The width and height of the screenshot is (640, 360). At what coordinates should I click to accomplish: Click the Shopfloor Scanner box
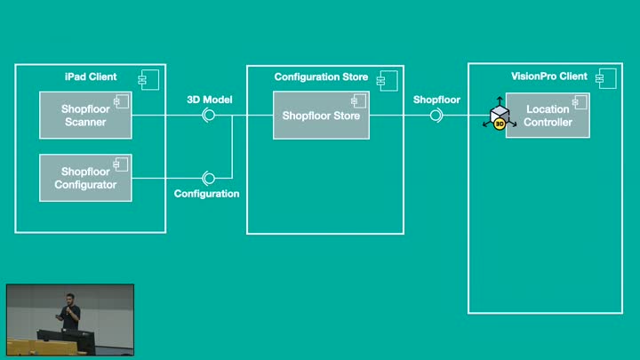pyautogui.click(x=85, y=116)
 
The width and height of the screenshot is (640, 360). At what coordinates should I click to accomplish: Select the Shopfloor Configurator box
pyautogui.click(x=85, y=178)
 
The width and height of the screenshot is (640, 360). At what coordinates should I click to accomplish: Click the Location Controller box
pyautogui.click(x=548, y=116)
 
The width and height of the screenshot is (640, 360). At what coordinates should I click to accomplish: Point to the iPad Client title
pyautogui.click(x=91, y=77)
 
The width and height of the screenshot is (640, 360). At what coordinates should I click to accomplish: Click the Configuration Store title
pyautogui.click(x=320, y=77)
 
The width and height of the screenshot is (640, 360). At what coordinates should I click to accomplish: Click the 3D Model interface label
pyautogui.click(x=210, y=100)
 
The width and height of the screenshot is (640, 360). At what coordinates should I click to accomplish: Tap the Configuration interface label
pyautogui.click(x=207, y=193)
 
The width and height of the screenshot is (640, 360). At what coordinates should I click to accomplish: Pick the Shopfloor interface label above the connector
pyautogui.click(x=436, y=100)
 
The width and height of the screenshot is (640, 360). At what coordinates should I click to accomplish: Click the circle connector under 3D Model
pyautogui.click(x=209, y=116)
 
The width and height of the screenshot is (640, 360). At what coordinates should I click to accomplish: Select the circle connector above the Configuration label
pyautogui.click(x=209, y=178)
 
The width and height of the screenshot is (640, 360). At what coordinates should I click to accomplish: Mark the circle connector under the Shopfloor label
pyautogui.click(x=436, y=116)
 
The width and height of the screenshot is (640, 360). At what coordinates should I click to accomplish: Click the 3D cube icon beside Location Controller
pyautogui.click(x=500, y=116)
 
